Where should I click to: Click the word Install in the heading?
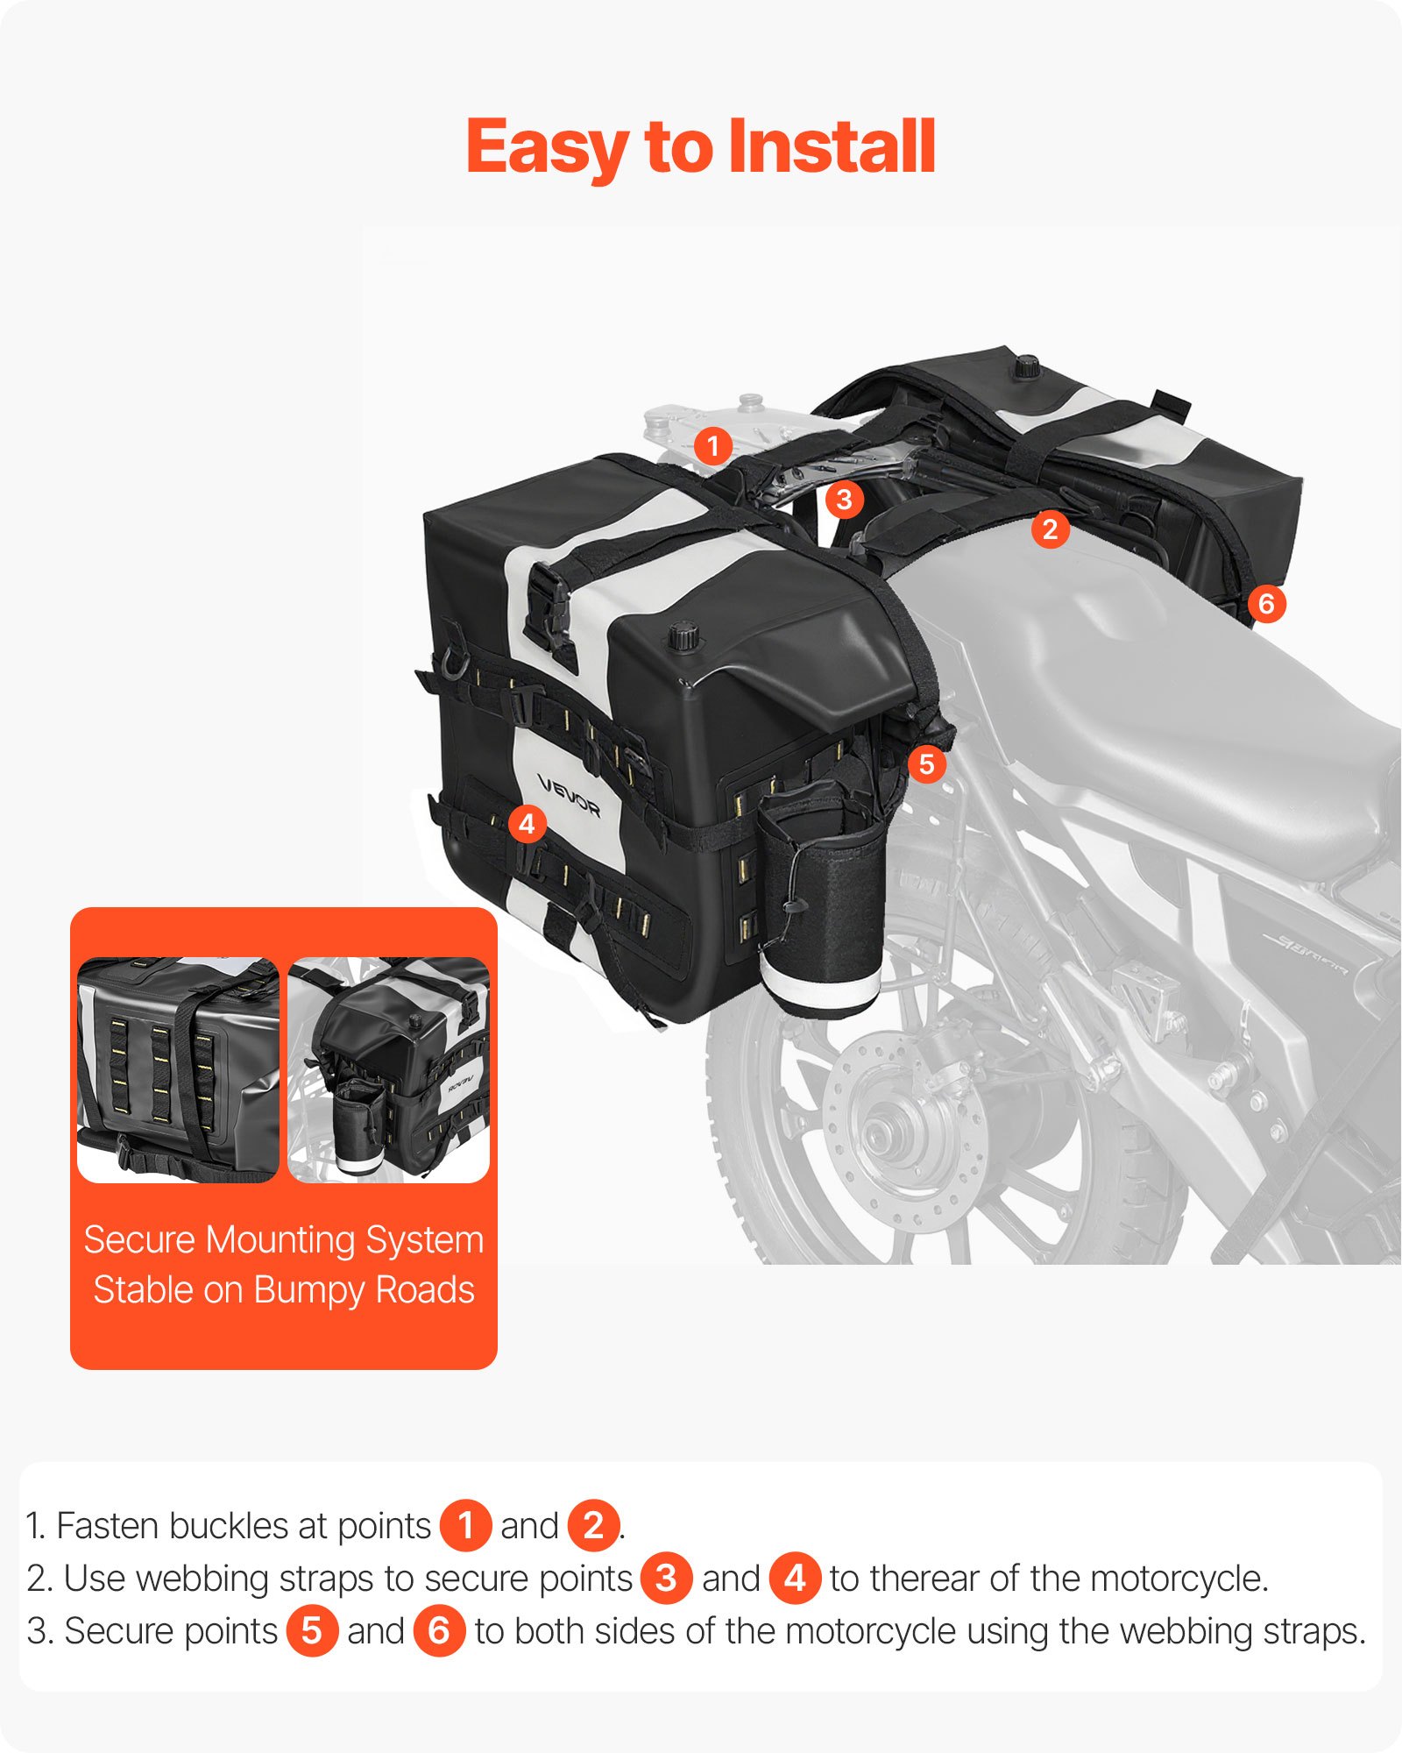coord(832,147)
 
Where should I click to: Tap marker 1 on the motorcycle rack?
coord(713,446)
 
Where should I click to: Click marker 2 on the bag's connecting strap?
coord(1050,529)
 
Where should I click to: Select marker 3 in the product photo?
coord(844,500)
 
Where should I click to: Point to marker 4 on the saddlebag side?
coord(527,824)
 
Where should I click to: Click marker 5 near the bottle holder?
coord(926,764)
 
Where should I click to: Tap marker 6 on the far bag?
coord(1265,604)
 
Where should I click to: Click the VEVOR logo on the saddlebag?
coord(569,796)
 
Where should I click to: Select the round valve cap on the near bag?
coord(684,635)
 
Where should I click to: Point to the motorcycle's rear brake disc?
coord(903,1131)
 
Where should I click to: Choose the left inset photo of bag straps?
coord(178,1070)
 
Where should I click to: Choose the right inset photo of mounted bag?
coord(388,1070)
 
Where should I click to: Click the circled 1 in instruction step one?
coord(465,1526)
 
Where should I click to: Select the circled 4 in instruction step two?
coord(795,1579)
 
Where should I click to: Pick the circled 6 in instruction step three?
coord(439,1631)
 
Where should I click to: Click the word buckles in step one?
coord(229,1526)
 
